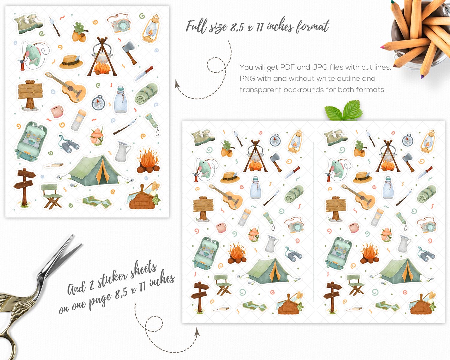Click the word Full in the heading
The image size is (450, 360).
[x=196, y=27]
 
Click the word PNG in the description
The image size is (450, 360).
[x=247, y=79]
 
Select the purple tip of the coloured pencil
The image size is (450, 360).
[x=422, y=76]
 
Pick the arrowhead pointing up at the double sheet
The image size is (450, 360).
[x=197, y=332]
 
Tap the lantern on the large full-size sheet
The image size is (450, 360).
[x=151, y=29]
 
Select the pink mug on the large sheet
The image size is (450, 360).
[x=57, y=112]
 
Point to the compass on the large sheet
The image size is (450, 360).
[x=98, y=103]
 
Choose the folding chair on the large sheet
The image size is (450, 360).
[x=51, y=196]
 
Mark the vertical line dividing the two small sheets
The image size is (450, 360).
[x=314, y=222]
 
